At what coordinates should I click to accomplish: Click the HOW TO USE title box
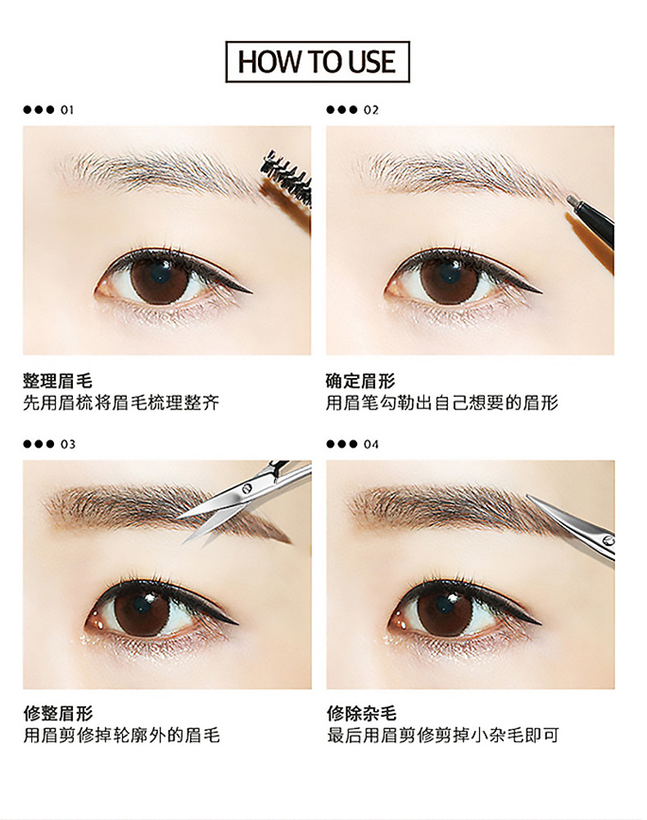(318, 61)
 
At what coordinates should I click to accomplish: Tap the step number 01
(67, 110)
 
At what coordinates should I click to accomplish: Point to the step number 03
(67, 444)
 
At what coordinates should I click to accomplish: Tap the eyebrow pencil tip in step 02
(572, 199)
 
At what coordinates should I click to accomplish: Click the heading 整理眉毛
(57, 381)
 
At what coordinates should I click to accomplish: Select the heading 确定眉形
(360, 381)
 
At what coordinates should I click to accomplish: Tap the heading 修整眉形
(57, 714)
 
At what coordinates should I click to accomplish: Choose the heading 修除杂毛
(360, 714)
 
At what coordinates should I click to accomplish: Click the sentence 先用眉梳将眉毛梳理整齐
(121, 403)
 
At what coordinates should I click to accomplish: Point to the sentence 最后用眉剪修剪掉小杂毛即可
(442, 735)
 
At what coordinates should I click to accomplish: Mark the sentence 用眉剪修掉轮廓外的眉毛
(121, 735)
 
